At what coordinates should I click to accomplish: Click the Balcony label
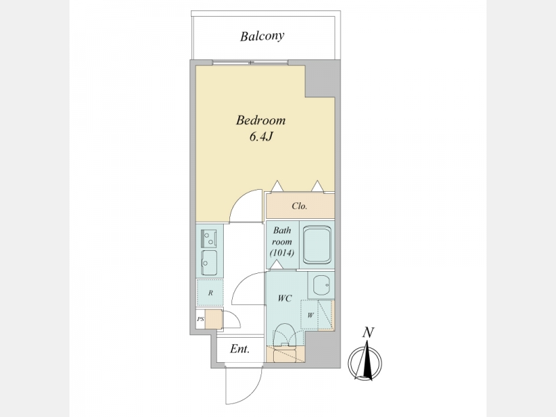[x=262, y=36]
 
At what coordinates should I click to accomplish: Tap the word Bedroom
[x=261, y=120]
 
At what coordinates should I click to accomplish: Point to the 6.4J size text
[x=261, y=136]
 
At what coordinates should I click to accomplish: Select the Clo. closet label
[x=300, y=206]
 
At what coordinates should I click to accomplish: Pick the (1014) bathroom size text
[x=282, y=253]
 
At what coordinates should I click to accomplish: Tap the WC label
[x=285, y=299]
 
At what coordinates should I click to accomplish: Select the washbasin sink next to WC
[x=321, y=285]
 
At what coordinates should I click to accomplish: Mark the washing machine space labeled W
[x=309, y=315]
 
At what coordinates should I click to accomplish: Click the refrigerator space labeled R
[x=211, y=293]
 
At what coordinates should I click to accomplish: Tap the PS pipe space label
[x=200, y=319]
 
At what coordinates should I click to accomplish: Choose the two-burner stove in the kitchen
[x=209, y=238]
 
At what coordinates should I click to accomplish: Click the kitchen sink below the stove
[x=209, y=263]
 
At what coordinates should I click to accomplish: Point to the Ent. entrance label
[x=240, y=350]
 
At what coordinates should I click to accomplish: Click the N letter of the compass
[x=368, y=333]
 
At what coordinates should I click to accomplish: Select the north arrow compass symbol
[x=366, y=361]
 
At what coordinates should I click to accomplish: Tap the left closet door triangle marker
[x=277, y=186]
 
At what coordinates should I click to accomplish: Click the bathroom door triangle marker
[x=277, y=264]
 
